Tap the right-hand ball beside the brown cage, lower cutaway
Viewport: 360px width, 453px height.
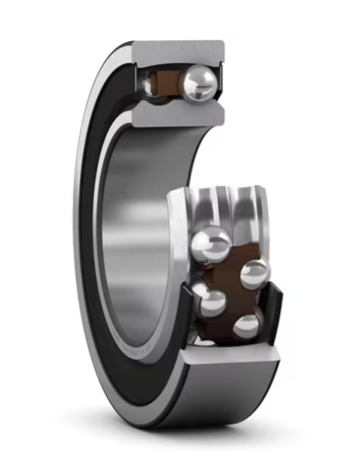[x=254, y=274]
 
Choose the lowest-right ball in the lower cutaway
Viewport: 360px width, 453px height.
[x=247, y=326]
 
